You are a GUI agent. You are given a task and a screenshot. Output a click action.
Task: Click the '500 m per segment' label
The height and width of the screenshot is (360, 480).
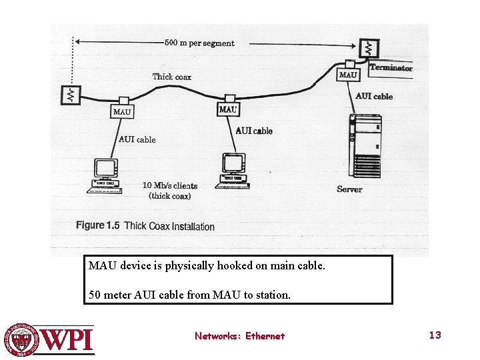[x=199, y=43]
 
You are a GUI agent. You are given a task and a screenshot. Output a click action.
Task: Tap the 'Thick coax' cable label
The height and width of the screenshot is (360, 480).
[x=171, y=77]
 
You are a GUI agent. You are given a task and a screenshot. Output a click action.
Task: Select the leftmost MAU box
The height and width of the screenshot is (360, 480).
[x=122, y=111]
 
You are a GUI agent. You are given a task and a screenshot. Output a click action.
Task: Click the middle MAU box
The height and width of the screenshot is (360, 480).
[x=228, y=109]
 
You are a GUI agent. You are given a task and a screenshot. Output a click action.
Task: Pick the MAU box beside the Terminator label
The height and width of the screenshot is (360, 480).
[x=348, y=75]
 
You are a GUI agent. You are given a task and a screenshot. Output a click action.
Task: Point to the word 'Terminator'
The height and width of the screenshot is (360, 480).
[x=391, y=67]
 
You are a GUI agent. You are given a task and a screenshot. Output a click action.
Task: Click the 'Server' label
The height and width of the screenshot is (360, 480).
[x=349, y=189]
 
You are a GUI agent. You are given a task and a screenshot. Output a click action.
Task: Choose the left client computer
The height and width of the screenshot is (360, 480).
[x=105, y=176]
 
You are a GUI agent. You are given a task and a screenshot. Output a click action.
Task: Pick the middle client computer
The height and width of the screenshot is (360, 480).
[x=233, y=171]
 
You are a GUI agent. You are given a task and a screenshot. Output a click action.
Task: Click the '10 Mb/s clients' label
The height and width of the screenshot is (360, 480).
[x=170, y=185]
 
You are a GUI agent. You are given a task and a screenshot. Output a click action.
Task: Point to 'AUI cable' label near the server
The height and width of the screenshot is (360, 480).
[x=374, y=96]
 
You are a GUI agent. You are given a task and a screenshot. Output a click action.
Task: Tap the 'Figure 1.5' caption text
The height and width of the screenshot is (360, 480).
[x=97, y=225]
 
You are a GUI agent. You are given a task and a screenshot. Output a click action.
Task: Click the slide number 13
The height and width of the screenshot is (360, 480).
[x=435, y=335]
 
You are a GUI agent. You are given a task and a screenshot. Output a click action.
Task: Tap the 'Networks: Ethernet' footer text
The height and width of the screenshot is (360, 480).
[x=239, y=336]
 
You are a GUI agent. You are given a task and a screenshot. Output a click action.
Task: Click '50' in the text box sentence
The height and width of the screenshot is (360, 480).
[x=95, y=294]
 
